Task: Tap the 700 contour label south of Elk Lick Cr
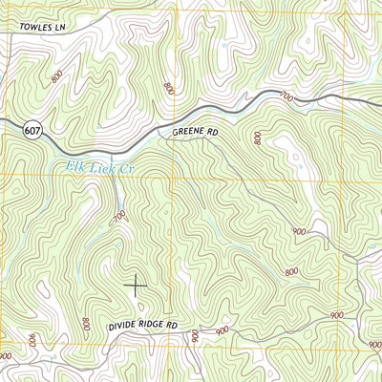click(x=119, y=217)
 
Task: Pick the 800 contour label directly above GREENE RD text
click(x=168, y=89)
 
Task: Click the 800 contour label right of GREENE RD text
click(x=258, y=138)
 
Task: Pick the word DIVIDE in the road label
click(x=118, y=326)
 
